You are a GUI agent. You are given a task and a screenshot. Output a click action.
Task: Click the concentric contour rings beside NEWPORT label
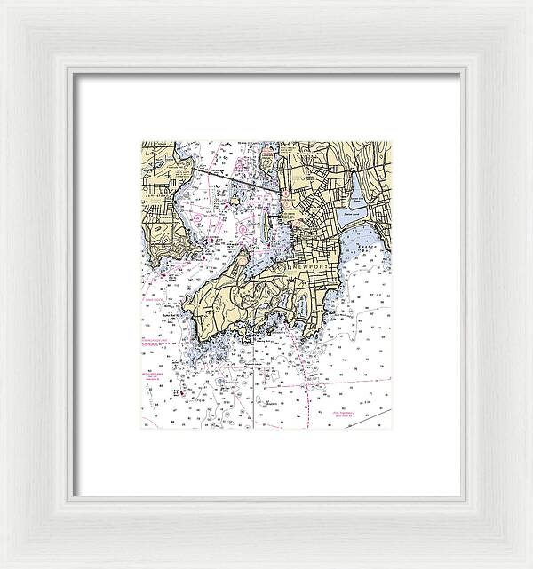tap(282, 267)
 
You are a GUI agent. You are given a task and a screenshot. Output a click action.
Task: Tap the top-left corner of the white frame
tap(2, 2)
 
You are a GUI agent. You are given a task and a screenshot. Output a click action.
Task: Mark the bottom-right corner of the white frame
tap(530, 566)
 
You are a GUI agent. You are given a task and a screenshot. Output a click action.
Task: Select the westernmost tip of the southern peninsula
tap(185, 311)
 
